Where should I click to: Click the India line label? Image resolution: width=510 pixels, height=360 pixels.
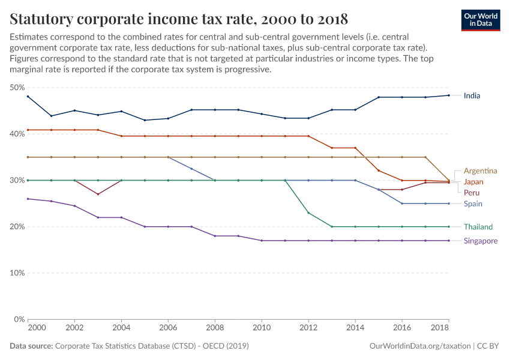click(472, 95)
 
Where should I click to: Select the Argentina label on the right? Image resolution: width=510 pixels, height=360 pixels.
click(480, 171)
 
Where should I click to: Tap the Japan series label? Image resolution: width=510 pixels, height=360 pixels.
click(473, 182)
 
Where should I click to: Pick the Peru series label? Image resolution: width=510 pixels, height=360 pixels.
click(472, 193)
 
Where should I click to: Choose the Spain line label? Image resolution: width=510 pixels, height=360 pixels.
click(473, 204)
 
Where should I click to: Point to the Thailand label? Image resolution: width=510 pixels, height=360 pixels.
click(478, 227)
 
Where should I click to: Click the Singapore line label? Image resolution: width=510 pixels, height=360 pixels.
click(481, 241)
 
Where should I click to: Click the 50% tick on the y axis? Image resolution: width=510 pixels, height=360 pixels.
click(17, 88)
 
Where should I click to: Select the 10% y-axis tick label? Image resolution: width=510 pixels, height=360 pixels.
click(17, 273)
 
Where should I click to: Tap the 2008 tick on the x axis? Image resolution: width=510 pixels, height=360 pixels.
click(215, 329)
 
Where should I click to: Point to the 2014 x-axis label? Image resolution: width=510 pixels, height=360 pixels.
click(355, 329)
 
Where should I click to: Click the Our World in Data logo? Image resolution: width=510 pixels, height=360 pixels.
click(481, 19)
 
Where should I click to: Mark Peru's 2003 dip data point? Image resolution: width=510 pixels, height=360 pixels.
click(98, 194)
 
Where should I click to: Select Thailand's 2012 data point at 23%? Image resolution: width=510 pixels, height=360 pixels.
click(308, 212)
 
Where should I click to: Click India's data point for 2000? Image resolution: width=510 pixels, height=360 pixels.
click(28, 97)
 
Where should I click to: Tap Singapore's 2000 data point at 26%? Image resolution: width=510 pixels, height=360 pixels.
click(28, 199)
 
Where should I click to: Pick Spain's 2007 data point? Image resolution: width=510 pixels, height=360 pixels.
click(191, 169)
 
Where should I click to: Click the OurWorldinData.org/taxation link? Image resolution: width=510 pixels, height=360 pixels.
click(419, 346)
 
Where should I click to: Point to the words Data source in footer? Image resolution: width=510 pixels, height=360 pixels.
click(31, 346)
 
